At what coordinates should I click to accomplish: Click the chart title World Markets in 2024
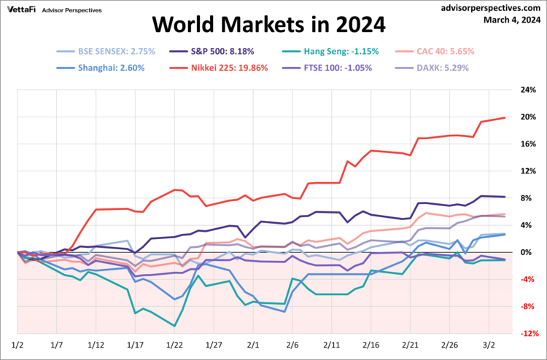pyautogui.click(x=268, y=25)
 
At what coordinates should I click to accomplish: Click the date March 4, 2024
pyautogui.click(x=512, y=20)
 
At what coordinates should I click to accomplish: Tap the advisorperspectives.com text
pyautogui.click(x=492, y=8)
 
